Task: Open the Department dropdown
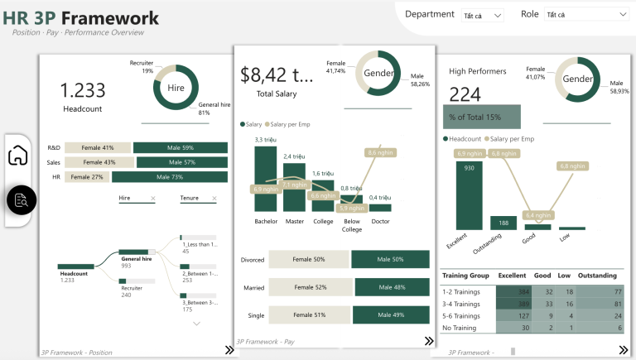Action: point(484,15)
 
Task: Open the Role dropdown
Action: point(586,15)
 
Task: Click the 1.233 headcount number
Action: point(82,91)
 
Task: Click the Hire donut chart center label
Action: point(176,87)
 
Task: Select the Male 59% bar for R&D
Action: point(180,148)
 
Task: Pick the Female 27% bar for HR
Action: point(87,176)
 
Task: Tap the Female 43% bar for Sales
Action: point(98,162)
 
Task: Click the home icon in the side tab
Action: point(18,156)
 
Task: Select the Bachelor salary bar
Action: point(265,178)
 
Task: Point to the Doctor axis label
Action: point(380,222)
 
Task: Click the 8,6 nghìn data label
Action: point(382,153)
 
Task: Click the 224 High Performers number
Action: point(465,94)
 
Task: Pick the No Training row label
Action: point(461,328)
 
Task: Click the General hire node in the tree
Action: point(136,259)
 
